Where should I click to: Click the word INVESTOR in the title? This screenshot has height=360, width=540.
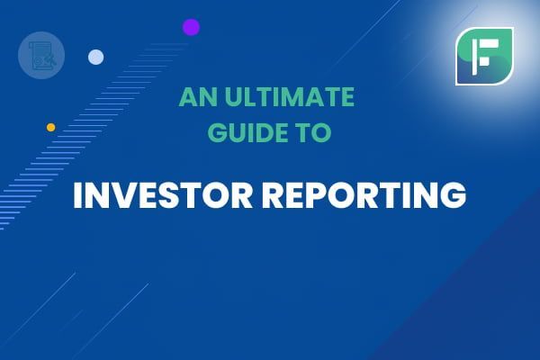click(163, 194)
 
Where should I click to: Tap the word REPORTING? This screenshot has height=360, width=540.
click(364, 194)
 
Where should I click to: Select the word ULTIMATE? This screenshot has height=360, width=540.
click(289, 96)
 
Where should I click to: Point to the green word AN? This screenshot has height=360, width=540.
click(199, 96)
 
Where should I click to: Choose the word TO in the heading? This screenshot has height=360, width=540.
click(312, 132)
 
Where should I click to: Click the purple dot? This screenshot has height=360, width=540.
click(191, 27)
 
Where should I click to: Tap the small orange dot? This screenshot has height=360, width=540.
click(51, 128)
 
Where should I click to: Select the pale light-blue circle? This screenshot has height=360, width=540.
click(95, 58)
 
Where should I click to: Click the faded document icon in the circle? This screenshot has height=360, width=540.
click(41, 56)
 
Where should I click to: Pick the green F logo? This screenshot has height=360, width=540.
click(484, 56)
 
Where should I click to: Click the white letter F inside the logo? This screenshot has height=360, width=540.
click(485, 57)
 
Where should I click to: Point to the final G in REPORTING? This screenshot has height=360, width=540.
click(453, 195)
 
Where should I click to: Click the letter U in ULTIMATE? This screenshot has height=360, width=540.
click(233, 97)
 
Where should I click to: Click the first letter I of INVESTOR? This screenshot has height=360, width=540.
click(76, 195)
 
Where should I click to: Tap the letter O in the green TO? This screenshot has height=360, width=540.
click(321, 132)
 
